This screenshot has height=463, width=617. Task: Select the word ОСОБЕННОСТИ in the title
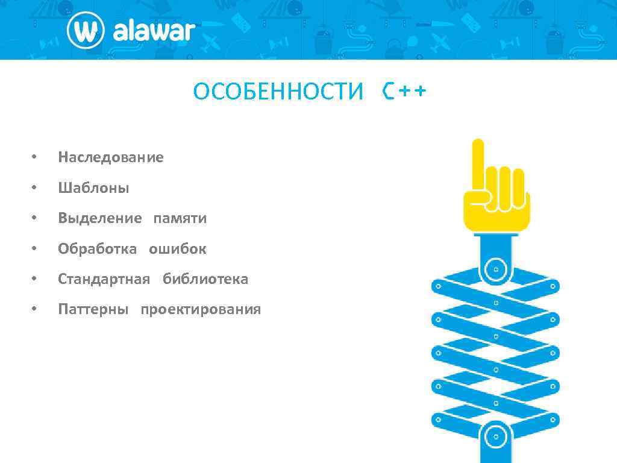(x=278, y=92)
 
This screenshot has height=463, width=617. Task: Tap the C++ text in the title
(x=404, y=92)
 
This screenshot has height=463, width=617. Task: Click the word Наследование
(x=111, y=158)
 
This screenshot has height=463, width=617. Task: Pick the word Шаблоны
(x=93, y=188)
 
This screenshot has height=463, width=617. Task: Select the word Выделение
(x=100, y=219)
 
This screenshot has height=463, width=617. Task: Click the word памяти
(x=180, y=219)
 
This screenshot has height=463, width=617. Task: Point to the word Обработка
(x=98, y=249)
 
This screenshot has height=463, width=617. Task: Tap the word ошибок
(x=178, y=249)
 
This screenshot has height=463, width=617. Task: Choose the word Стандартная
(x=104, y=280)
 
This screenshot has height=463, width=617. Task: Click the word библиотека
(x=205, y=280)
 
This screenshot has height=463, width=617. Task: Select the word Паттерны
(x=93, y=310)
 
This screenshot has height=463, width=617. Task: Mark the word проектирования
(x=201, y=310)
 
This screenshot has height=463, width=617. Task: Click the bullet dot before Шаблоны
(x=34, y=188)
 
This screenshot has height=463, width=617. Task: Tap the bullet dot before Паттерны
(x=34, y=310)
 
